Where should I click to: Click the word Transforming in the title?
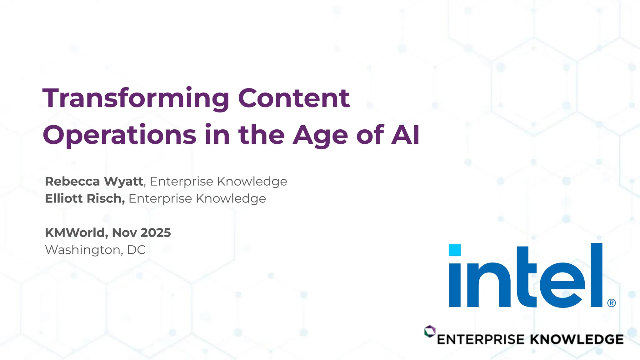click(x=136, y=98)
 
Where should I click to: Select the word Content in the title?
click(x=294, y=98)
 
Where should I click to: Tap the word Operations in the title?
click(x=119, y=135)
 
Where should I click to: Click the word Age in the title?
click(x=320, y=135)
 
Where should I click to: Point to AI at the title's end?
click(x=405, y=135)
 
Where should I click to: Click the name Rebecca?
click(x=72, y=181)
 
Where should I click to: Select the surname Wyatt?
click(x=123, y=181)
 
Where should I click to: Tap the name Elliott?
click(x=64, y=198)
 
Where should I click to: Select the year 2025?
click(x=156, y=232)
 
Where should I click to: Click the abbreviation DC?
click(x=136, y=250)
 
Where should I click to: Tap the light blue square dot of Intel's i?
click(x=455, y=250)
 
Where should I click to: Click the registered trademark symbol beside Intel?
click(x=612, y=303)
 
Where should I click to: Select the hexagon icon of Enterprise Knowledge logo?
click(x=430, y=331)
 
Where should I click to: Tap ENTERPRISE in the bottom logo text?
click(x=481, y=339)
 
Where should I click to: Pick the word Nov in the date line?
click(x=124, y=232)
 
